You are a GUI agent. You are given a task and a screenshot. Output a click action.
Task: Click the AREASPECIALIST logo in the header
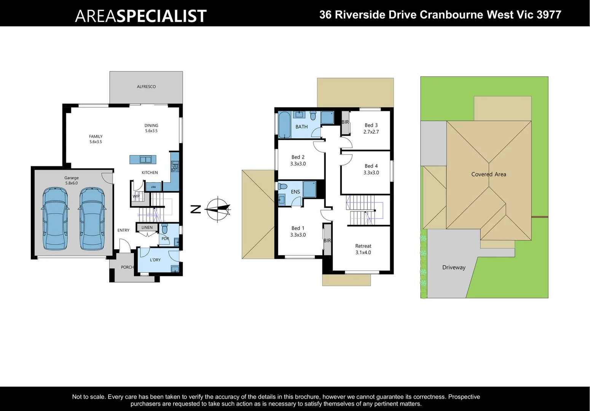(140, 16)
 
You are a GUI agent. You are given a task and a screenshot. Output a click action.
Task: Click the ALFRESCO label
(146, 87)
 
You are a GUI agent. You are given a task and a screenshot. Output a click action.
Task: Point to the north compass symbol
(218, 209)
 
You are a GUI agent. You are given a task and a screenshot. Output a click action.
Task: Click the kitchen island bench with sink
(143, 159)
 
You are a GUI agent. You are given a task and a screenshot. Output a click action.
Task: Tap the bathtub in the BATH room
(284, 124)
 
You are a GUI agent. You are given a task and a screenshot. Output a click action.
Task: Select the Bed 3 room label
(371, 125)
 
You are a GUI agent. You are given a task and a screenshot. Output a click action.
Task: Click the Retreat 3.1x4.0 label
(363, 249)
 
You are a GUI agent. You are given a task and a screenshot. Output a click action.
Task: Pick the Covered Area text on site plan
(488, 174)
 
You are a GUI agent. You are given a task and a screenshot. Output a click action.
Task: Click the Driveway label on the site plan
(454, 268)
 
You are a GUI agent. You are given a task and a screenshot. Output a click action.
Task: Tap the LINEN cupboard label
(147, 228)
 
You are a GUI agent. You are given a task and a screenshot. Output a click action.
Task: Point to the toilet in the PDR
(164, 229)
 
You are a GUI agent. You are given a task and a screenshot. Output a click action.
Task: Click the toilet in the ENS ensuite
(282, 186)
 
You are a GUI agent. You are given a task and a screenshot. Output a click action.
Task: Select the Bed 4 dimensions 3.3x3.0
(371, 173)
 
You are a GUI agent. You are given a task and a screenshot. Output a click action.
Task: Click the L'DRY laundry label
(155, 260)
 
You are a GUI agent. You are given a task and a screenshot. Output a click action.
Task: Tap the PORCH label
(127, 267)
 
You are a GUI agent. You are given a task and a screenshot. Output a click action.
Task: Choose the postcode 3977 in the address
(549, 15)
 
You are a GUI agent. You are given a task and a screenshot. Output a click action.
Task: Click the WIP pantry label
(136, 196)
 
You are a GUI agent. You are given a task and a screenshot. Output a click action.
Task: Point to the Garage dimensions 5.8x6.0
(71, 183)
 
